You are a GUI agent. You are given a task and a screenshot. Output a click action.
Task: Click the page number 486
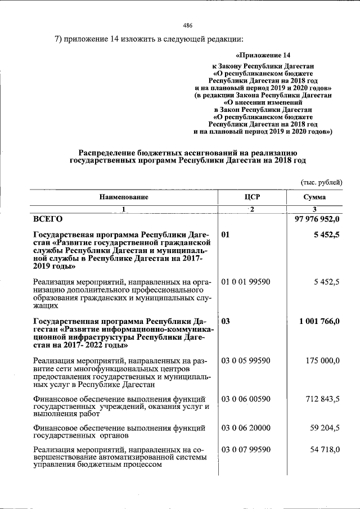point(188,25)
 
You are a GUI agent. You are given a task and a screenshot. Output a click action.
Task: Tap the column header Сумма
point(314,197)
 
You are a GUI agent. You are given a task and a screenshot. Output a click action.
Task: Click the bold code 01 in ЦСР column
point(226,235)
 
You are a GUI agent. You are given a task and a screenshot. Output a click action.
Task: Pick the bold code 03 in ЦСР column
point(226,322)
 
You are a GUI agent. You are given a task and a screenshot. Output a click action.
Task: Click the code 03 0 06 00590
point(246,400)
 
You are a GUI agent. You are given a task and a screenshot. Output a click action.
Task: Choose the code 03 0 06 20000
point(246,428)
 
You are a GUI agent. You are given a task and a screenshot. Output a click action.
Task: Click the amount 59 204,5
point(325,428)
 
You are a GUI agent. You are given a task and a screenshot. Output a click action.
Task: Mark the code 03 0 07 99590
point(246,450)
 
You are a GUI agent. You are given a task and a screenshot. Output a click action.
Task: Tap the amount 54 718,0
point(325,450)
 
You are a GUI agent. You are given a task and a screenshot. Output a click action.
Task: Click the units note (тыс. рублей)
point(321,182)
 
